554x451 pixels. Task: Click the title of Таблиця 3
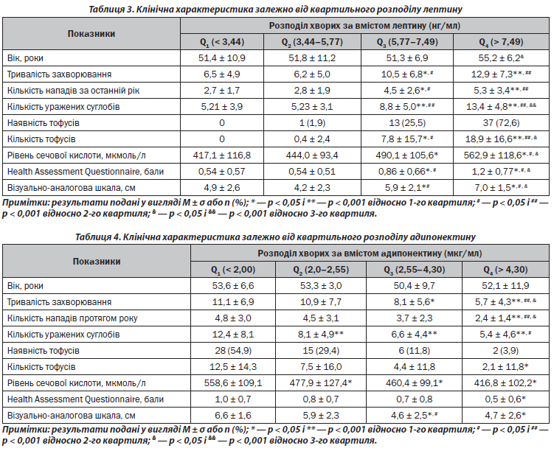[277, 7]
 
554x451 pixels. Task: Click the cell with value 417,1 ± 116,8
[221, 155]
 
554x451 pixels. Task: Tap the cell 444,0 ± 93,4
[316, 155]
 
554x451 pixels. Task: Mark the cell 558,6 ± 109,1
[221, 382]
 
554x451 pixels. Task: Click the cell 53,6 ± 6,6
[221, 286]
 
